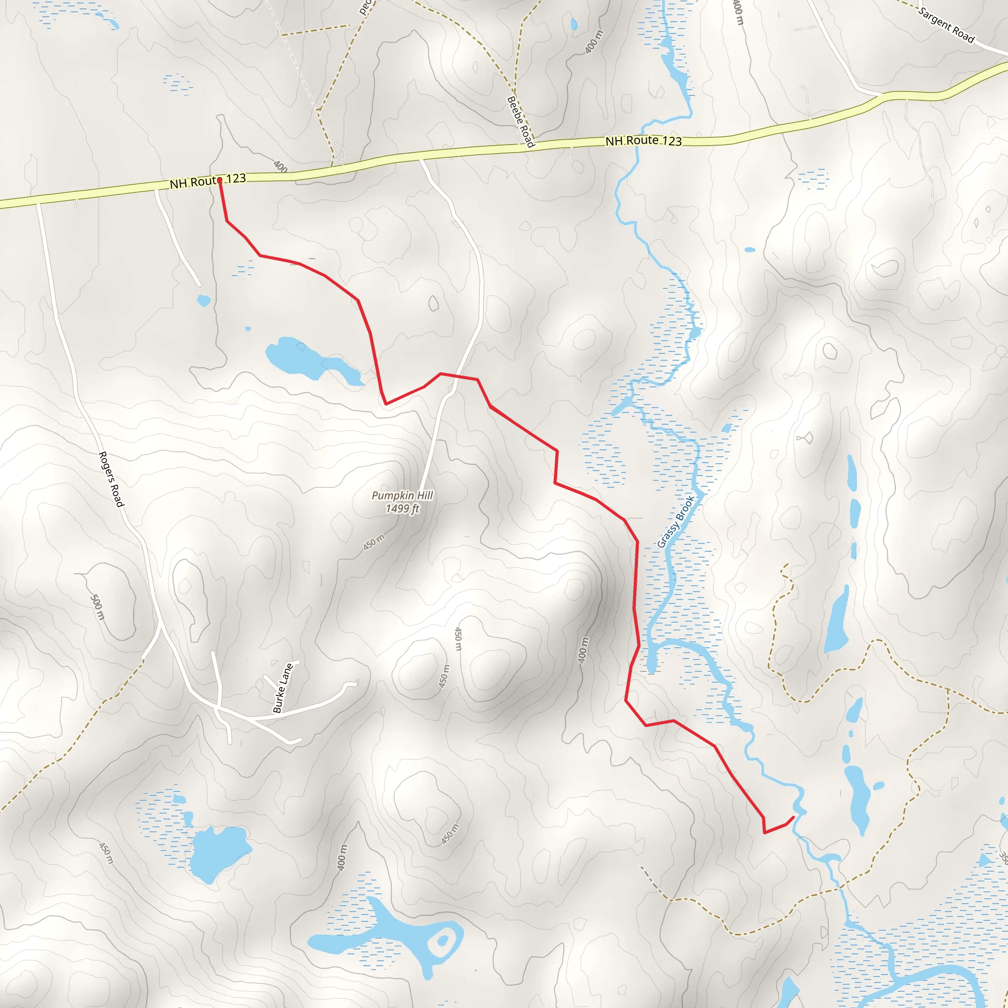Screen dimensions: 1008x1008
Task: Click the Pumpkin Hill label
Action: pos(402,495)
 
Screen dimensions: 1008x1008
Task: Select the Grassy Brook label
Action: pos(676,521)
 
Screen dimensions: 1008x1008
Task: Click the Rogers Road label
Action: pos(111,479)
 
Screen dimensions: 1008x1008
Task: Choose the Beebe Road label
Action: pos(521,122)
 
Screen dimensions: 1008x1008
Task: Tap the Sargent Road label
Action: pos(946,25)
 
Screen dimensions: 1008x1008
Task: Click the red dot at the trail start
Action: pos(220,180)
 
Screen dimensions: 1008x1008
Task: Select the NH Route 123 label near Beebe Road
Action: pos(643,141)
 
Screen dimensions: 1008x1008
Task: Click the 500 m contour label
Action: pos(97,607)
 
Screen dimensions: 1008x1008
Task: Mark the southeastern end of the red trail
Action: pos(793,817)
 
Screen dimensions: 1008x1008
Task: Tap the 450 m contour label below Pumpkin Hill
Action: pos(374,542)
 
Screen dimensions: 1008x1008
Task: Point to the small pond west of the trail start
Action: pos(203,301)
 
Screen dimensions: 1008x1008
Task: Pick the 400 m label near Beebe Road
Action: pos(594,42)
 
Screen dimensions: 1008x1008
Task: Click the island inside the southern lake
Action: pos(442,941)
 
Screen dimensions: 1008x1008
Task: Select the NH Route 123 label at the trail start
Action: pos(208,181)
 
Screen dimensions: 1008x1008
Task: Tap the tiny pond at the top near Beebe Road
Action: pos(574,24)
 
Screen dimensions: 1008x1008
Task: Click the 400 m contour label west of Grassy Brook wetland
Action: pos(583,650)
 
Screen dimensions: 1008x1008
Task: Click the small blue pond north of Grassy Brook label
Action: pos(695,332)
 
